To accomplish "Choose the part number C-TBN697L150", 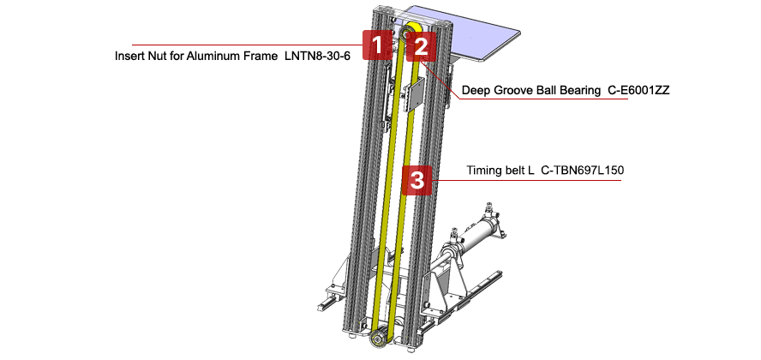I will pyautogui.click(x=582, y=171).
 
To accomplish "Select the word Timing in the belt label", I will pyautogui.click(x=484, y=171).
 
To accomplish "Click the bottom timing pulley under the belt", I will pyautogui.click(x=377, y=341).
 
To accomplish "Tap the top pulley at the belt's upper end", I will pyautogui.click(x=410, y=32).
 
